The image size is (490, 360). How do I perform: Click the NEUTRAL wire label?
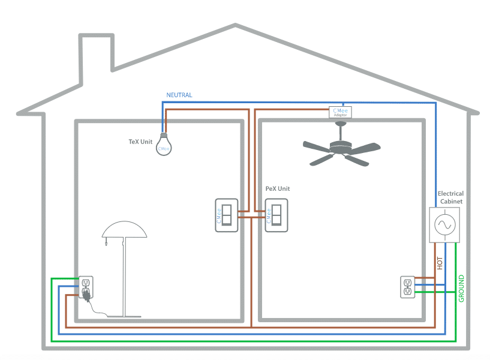pyautogui.click(x=179, y=95)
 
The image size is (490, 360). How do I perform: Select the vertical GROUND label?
pyautogui.click(x=461, y=288)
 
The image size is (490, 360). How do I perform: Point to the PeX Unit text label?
pyautogui.click(x=277, y=188)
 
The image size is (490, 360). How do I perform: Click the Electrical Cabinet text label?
pyautogui.click(x=450, y=197)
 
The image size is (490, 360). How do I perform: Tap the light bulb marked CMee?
pyautogui.click(x=164, y=146)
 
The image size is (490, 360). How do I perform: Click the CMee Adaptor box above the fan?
pyautogui.click(x=340, y=112)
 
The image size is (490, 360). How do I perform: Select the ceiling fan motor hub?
pyautogui.click(x=341, y=144)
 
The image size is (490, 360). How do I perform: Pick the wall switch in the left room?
pyautogui.click(x=227, y=215)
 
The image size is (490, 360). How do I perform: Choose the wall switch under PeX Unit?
pyautogui.click(x=276, y=215)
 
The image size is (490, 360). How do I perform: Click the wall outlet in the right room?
pyautogui.click(x=408, y=286)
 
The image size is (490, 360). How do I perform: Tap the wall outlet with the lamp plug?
pyautogui.click(x=86, y=287)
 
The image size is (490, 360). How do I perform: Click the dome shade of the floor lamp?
pyautogui.click(x=125, y=229)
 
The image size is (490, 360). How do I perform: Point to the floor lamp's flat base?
pyautogui.click(x=125, y=316)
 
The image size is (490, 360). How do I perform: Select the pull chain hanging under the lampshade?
pyautogui.click(x=106, y=241)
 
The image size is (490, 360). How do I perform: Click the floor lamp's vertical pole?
pyautogui.click(x=125, y=276)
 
